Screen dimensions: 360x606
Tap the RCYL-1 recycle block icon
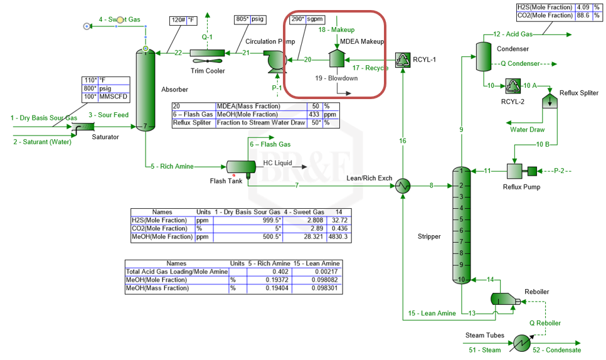(x=402, y=60)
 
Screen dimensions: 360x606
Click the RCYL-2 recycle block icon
(x=513, y=86)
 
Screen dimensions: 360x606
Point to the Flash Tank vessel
(x=237, y=166)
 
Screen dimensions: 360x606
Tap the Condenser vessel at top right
(x=483, y=56)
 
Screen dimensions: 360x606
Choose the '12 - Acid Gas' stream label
(x=513, y=34)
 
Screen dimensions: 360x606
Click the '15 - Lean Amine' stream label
(x=432, y=313)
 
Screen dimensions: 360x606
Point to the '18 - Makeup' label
(x=336, y=29)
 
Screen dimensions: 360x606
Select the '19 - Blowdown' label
(x=336, y=78)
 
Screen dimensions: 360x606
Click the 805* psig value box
(x=250, y=20)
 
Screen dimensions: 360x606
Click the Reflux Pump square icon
(x=514, y=171)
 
